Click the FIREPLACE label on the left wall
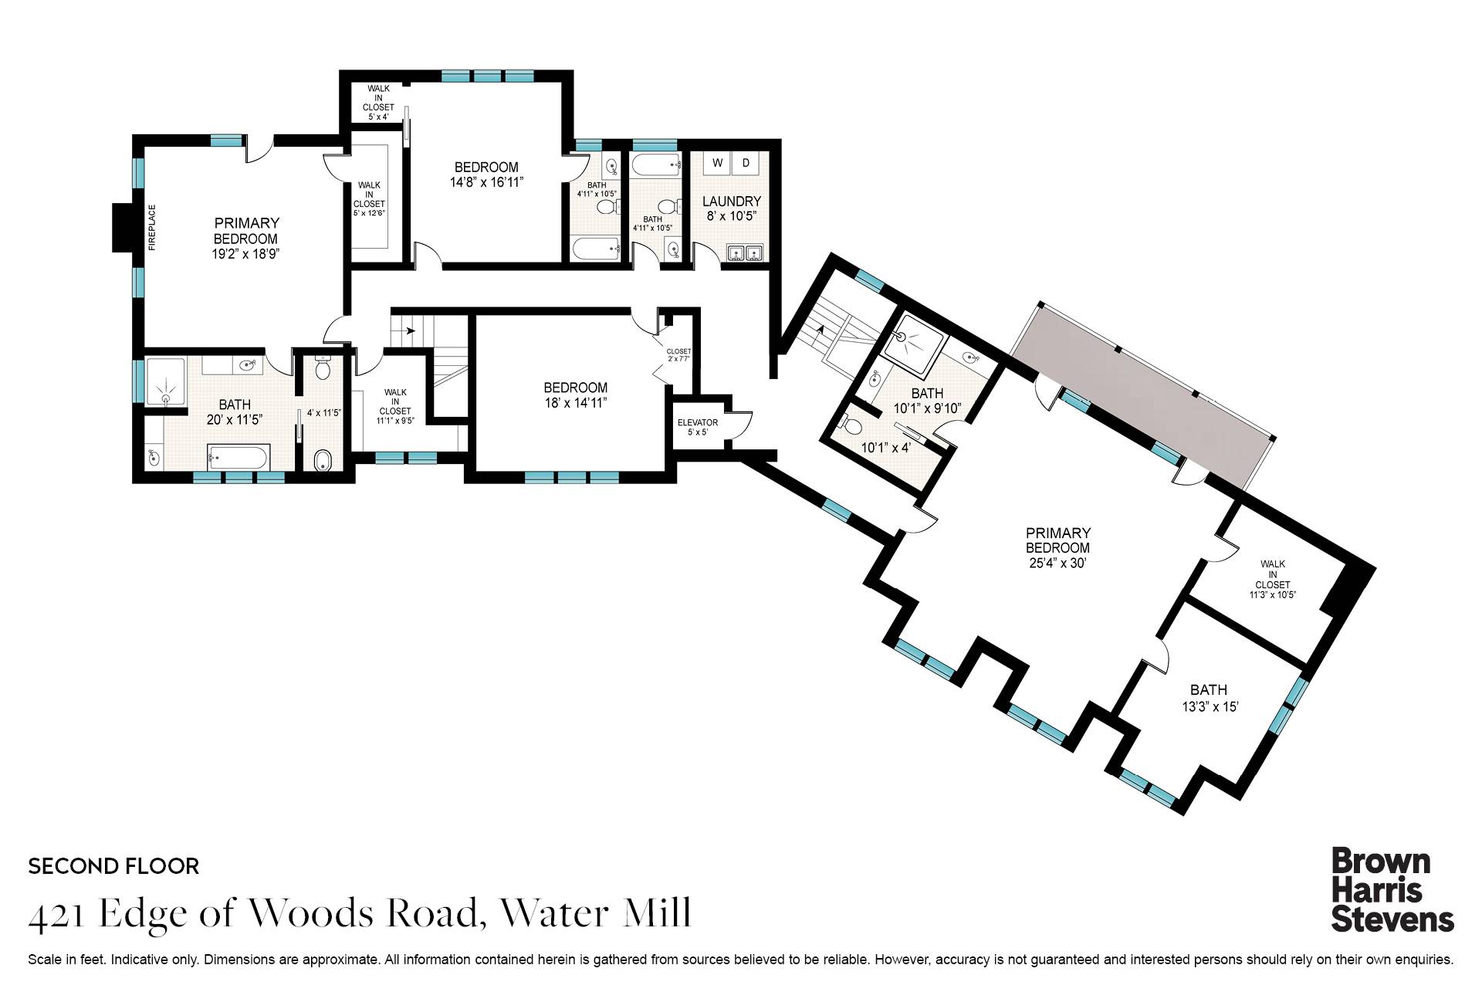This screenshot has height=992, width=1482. (152, 227)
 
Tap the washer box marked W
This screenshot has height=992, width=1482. (717, 163)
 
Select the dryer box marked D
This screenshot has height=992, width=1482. (746, 163)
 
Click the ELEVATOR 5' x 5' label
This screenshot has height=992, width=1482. (697, 427)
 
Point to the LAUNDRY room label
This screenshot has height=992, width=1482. (731, 201)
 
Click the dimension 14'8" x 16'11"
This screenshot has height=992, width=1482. (486, 183)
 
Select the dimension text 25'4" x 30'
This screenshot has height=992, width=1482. (1057, 564)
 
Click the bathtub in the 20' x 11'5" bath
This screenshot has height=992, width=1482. (238, 459)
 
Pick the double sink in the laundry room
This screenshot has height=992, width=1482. (744, 254)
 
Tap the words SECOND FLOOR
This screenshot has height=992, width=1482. (113, 866)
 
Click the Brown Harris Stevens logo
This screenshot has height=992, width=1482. (1392, 890)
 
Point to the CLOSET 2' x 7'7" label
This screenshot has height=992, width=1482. (678, 354)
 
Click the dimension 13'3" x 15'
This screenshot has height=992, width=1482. (1210, 706)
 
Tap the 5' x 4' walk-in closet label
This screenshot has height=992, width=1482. (378, 117)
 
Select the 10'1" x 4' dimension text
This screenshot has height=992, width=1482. (886, 447)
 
